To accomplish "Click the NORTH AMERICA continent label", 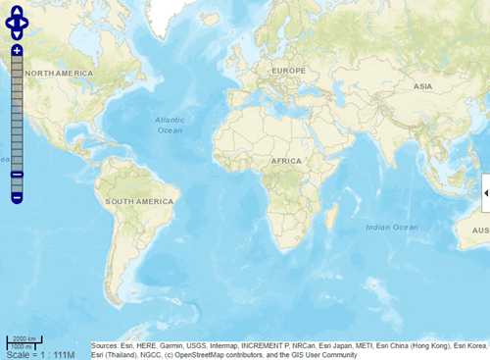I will click(x=59, y=74).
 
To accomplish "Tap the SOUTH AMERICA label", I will click(x=139, y=201).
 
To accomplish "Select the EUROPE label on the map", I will click(x=288, y=71).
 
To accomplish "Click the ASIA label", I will click(x=422, y=86).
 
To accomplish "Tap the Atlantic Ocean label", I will click(x=169, y=125).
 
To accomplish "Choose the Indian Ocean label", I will click(x=391, y=227).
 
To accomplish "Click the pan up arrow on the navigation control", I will click(x=18, y=12).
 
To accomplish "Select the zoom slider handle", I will click(x=17, y=175).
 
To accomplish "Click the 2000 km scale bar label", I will click(x=24, y=338).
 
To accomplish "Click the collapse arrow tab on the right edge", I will click(x=486, y=194).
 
